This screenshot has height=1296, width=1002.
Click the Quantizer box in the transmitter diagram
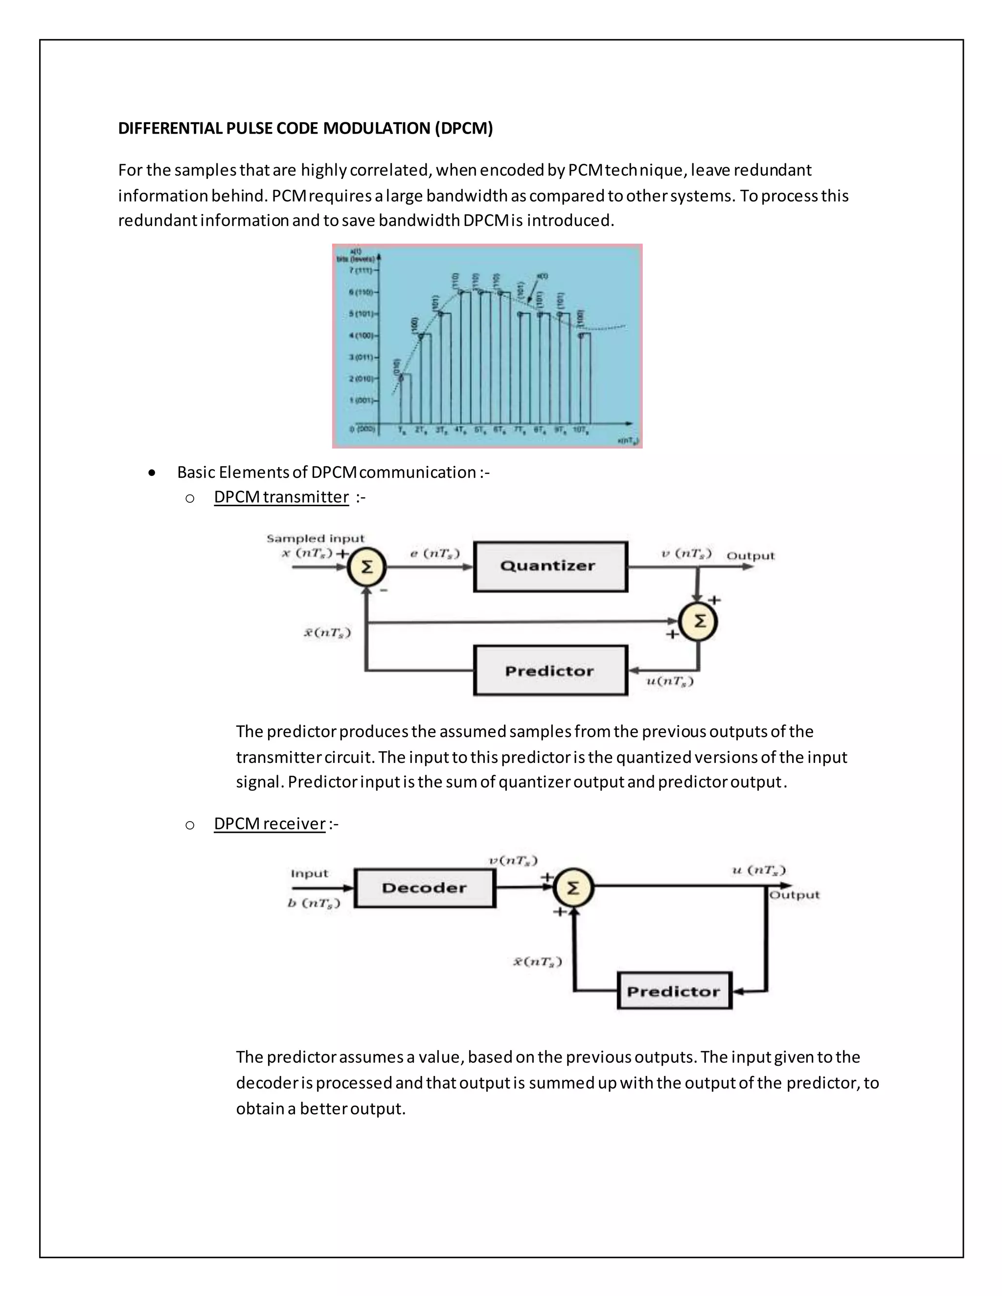[549, 566]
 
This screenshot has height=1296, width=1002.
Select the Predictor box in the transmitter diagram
[549, 670]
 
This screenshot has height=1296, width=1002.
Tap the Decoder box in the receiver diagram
[424, 888]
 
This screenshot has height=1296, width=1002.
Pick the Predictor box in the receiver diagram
[674, 991]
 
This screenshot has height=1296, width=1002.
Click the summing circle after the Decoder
[573, 888]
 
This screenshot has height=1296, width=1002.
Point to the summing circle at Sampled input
[367, 567]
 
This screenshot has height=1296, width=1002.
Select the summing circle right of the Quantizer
[699, 621]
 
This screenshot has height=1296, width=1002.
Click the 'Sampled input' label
[315, 538]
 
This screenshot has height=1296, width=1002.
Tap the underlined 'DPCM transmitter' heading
[281, 497]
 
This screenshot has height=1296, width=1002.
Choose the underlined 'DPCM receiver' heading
[270, 824]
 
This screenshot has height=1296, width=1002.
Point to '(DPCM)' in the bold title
[464, 128]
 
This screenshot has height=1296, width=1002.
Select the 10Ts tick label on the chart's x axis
[579, 429]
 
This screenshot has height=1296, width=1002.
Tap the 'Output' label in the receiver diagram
[794, 895]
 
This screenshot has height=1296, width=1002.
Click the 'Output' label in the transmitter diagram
[751, 556]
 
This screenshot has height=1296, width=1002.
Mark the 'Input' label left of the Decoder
[309, 873]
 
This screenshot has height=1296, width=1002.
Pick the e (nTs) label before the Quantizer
[434, 553]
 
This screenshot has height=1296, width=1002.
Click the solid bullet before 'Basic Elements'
[153, 473]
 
